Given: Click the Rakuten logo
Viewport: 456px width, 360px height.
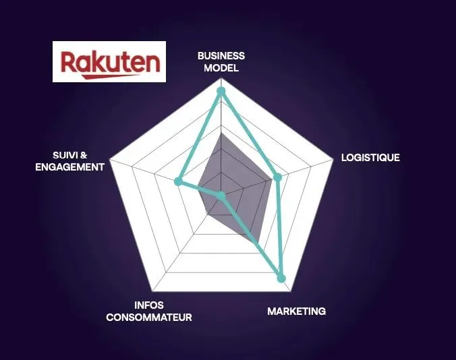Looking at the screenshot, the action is [x=109, y=61].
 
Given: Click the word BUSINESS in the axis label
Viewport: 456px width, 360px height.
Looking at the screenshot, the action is [x=221, y=56].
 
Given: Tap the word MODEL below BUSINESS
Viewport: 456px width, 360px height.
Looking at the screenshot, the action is [x=221, y=67].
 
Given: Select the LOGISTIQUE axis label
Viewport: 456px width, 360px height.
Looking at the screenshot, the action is [x=370, y=158].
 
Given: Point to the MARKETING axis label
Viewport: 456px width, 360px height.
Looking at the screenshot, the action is [x=296, y=311].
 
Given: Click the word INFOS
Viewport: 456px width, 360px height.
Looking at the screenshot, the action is [x=149, y=305].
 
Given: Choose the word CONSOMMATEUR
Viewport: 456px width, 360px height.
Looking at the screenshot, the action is [x=149, y=318].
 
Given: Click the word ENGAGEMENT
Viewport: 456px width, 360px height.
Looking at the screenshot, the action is [x=69, y=167].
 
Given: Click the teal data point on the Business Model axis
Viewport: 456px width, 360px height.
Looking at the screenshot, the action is [x=221, y=91].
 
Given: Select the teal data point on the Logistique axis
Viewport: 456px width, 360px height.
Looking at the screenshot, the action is [x=278, y=177].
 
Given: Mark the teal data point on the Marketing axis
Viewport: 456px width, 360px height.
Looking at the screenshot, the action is [x=281, y=278].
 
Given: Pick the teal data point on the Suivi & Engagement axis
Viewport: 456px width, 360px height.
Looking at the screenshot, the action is [x=178, y=181].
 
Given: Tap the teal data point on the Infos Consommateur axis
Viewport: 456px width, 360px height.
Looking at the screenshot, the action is [x=221, y=196].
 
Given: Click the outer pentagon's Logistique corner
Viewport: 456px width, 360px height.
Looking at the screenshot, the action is [x=333, y=159].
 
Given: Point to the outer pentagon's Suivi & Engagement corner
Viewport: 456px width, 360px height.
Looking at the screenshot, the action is [x=110, y=159].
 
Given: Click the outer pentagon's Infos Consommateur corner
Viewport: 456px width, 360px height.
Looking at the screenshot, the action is [x=152, y=291].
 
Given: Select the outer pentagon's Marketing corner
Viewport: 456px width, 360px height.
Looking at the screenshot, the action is [x=290, y=291].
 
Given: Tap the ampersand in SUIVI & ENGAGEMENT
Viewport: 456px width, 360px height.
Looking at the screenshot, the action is [x=84, y=156].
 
